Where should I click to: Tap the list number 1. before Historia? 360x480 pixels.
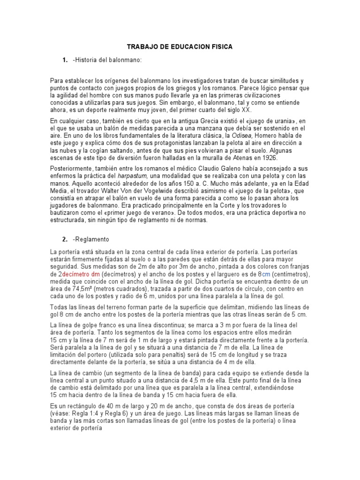[x=65, y=60]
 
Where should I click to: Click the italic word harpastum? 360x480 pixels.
[x=129, y=174]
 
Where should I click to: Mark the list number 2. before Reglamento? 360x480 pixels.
[x=65, y=239]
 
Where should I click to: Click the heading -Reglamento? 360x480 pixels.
[x=91, y=239]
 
